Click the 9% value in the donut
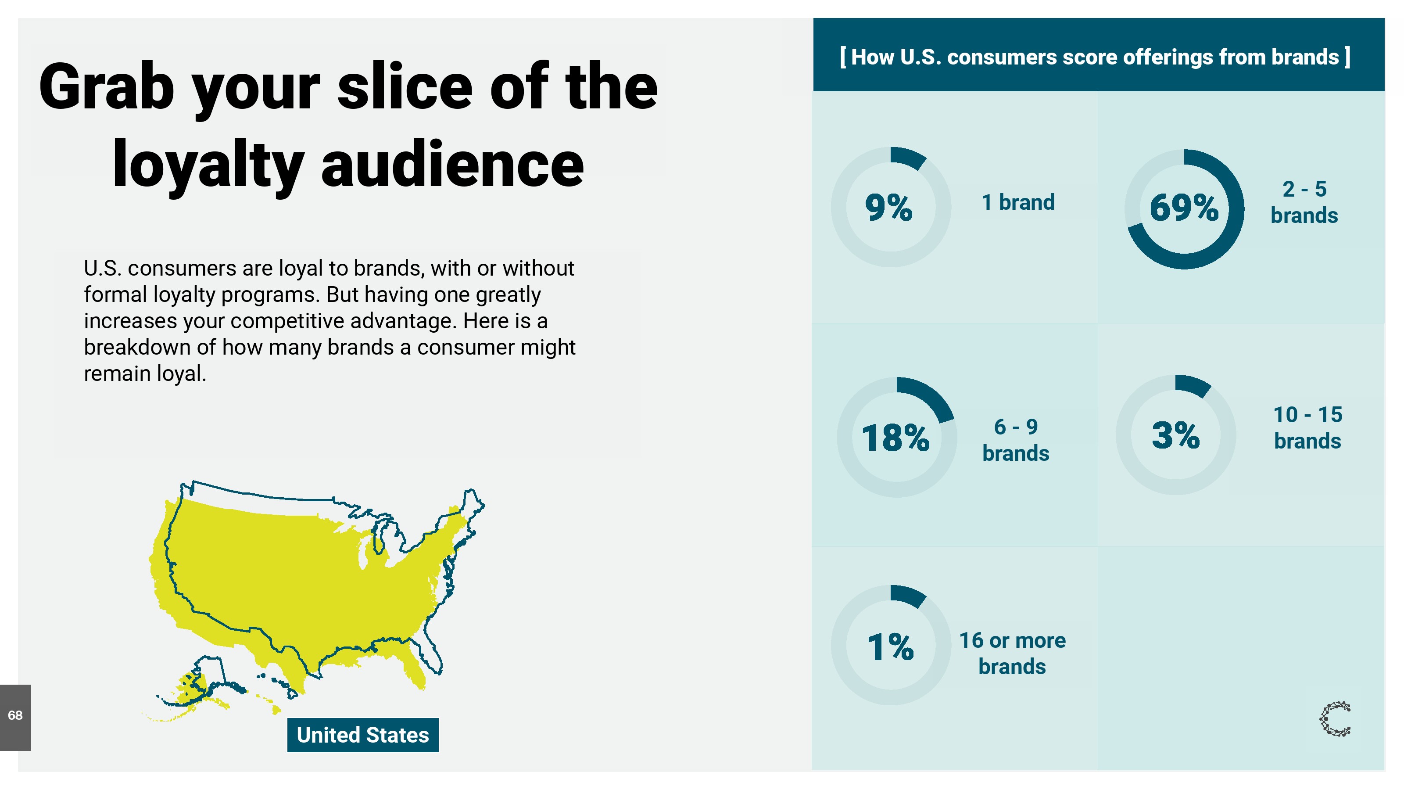click(x=888, y=207)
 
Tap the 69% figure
click(x=1184, y=207)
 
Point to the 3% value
click(x=1176, y=435)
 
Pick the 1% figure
click(x=891, y=646)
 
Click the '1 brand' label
click(x=1018, y=202)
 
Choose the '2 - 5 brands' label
click(x=1304, y=202)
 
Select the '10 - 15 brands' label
click(x=1307, y=428)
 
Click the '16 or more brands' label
click(x=1012, y=653)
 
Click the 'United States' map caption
click(x=363, y=735)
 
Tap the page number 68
click(x=15, y=715)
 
